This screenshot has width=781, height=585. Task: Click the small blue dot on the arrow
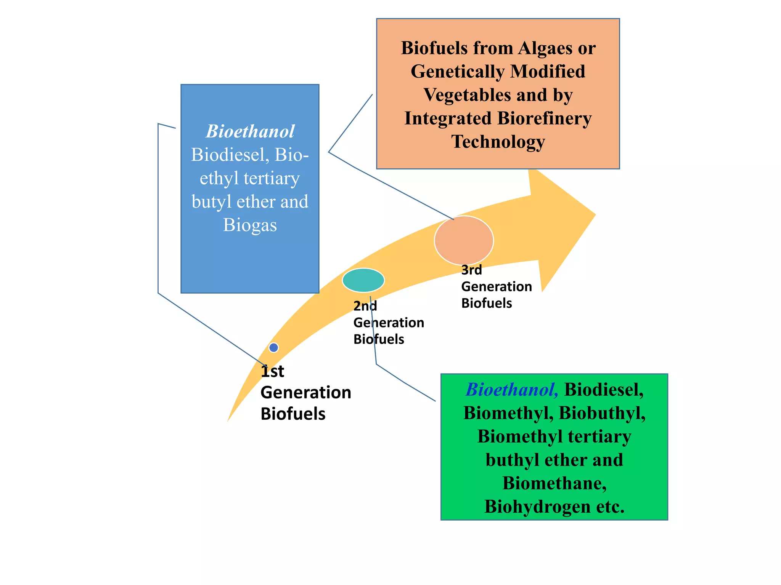point(273,347)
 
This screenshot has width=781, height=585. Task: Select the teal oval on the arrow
point(363,280)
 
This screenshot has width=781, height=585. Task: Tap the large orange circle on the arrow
point(464,240)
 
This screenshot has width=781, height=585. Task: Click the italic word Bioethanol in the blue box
point(250,131)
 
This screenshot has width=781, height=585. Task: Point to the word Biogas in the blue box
point(250,225)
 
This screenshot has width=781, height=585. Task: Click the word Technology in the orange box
point(498,142)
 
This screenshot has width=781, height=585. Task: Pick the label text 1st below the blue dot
point(272,371)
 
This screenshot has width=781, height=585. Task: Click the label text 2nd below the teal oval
point(365,306)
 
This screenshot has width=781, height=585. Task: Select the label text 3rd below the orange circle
point(471,270)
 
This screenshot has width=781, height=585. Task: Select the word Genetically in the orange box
point(457,72)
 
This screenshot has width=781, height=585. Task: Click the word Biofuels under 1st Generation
point(293,414)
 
